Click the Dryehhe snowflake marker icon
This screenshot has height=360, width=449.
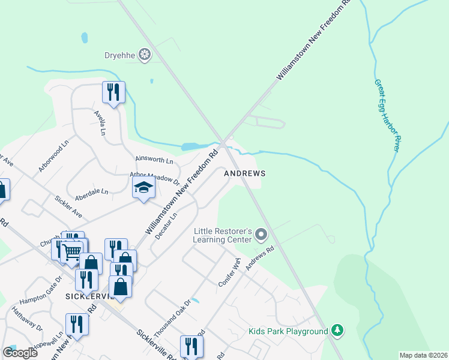[x=144, y=56]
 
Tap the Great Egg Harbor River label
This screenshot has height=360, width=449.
[x=387, y=115]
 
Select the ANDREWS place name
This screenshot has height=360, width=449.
[x=244, y=173]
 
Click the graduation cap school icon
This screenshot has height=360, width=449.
[x=143, y=188]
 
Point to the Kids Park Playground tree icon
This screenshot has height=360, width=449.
[x=338, y=331]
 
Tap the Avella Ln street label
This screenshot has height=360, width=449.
[x=100, y=122]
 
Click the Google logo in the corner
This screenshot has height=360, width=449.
[x=20, y=353]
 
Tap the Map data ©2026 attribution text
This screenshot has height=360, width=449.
[x=423, y=355]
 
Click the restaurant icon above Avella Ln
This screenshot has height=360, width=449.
[x=113, y=92]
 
